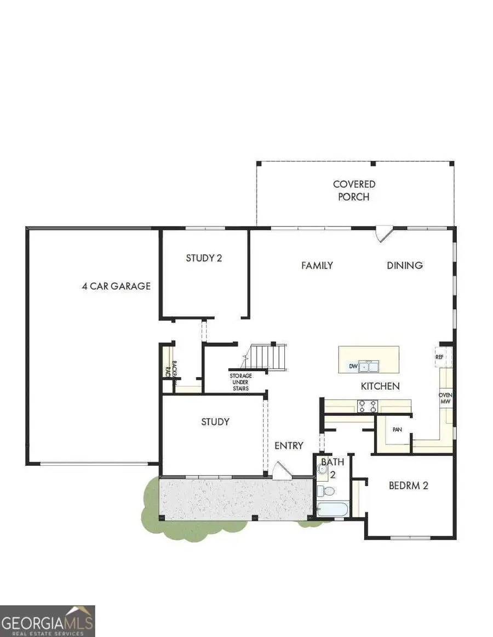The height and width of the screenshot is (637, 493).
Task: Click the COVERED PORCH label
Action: (354, 190)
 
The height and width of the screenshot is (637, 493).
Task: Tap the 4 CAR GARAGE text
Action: (116, 286)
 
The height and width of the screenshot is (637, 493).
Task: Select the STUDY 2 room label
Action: (204, 258)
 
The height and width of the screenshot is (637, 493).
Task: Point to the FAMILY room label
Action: (317, 265)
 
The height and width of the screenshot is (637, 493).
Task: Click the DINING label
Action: (405, 265)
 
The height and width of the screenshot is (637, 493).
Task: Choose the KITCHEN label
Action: (380, 386)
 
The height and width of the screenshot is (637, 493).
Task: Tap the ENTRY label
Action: (289, 445)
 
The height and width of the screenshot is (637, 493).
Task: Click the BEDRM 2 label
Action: (408, 485)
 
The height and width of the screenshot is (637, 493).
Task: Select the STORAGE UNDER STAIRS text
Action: (240, 382)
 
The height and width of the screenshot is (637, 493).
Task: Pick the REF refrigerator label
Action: (439, 357)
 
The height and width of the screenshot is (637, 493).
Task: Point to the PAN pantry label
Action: (398, 430)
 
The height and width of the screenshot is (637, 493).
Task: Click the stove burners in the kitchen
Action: (368, 406)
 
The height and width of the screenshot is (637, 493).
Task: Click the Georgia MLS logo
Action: (48, 621)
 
